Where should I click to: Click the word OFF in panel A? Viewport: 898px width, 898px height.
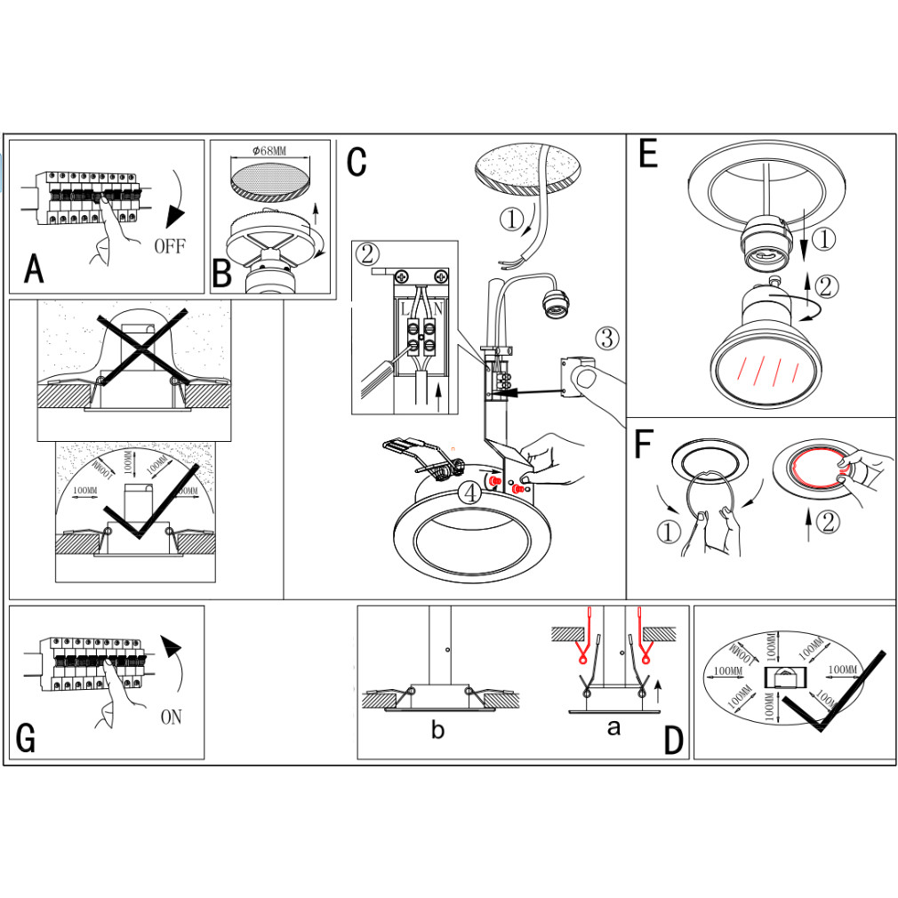(170, 245)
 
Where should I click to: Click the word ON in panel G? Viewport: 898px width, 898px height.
(171, 717)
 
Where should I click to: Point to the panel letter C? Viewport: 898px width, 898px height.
(357, 162)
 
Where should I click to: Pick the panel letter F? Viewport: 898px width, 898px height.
(645, 445)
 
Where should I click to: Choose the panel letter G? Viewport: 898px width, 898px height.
(27, 738)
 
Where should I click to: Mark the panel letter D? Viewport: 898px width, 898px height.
(674, 740)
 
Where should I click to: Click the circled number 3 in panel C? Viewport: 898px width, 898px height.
(605, 338)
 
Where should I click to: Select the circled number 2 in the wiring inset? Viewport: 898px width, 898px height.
(366, 254)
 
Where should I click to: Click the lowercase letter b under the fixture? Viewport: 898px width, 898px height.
(437, 731)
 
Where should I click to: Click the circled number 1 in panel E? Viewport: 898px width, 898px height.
(826, 238)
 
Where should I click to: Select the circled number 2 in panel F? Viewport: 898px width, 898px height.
(827, 524)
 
